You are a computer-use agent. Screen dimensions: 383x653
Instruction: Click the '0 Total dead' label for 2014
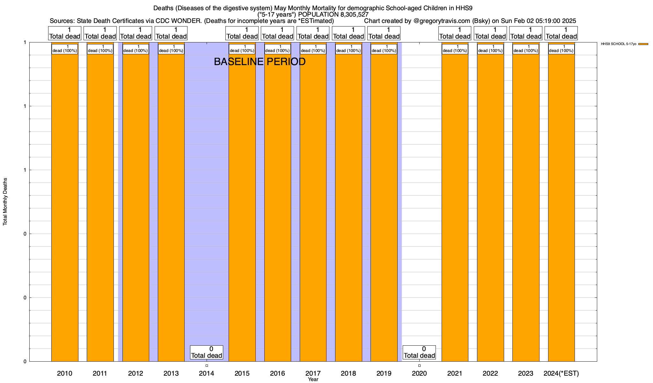pyautogui.click(x=207, y=352)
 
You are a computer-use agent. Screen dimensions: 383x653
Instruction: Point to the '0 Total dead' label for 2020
pyautogui.click(x=419, y=352)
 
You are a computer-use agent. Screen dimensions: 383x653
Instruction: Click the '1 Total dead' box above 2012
pyautogui.click(x=136, y=33)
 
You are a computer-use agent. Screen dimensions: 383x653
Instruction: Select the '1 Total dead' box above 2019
pyautogui.click(x=384, y=33)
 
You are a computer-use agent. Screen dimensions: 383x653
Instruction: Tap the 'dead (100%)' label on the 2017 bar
pyautogui.click(x=313, y=49)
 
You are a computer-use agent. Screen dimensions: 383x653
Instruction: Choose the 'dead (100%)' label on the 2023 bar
pyautogui.click(x=526, y=49)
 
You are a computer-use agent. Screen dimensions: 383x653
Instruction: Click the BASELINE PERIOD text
pyautogui.click(x=260, y=62)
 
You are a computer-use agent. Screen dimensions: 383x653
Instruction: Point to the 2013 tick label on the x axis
pyautogui.click(x=171, y=373)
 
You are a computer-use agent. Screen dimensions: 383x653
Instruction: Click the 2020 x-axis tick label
pyautogui.click(x=419, y=373)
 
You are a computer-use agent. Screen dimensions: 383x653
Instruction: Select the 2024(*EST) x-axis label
pyautogui.click(x=561, y=373)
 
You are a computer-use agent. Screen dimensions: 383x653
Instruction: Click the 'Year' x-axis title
pyautogui.click(x=313, y=379)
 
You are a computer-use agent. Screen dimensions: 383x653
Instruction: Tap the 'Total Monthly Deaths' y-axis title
pyautogui.click(x=5, y=202)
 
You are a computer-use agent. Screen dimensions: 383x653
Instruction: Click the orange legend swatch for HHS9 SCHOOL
pyautogui.click(x=643, y=44)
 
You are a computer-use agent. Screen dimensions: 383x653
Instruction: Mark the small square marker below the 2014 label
pyautogui.click(x=207, y=365)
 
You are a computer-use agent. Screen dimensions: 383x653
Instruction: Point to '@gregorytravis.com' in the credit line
pyautogui.click(x=442, y=21)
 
